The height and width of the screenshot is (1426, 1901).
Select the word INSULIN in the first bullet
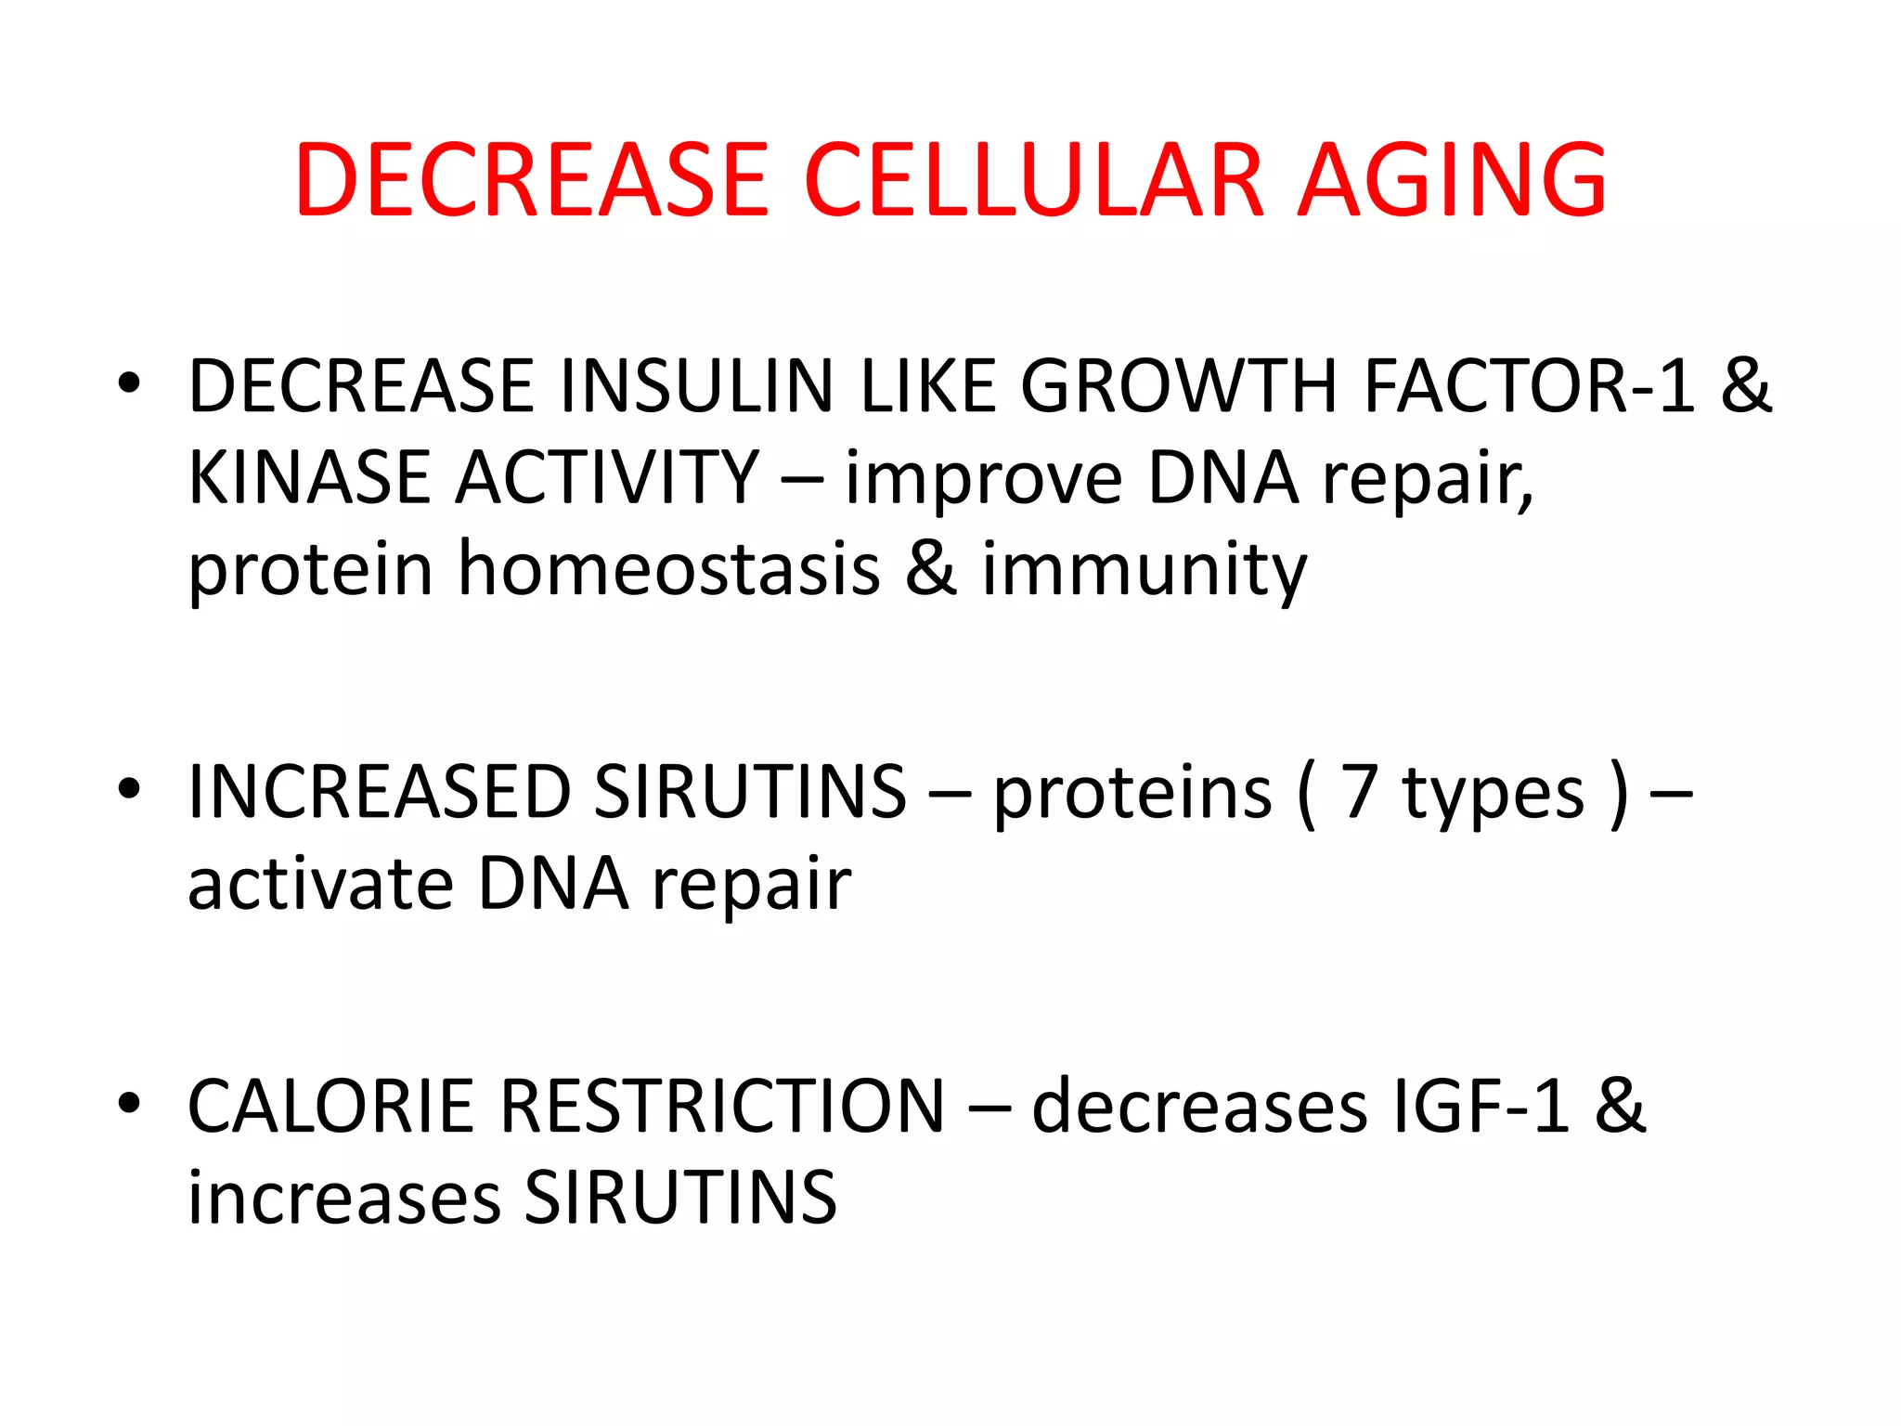[x=697, y=386]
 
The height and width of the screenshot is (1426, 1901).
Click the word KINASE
[x=310, y=477]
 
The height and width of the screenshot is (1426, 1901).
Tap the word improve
[x=983, y=479]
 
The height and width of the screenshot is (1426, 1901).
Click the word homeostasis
[x=668, y=568]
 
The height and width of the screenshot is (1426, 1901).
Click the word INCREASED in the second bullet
[x=379, y=792]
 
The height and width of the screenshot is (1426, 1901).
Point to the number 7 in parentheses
[x=1359, y=792]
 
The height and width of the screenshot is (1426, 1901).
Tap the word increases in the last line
[x=344, y=1198]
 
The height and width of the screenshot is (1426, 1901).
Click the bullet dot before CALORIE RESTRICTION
[x=129, y=1103]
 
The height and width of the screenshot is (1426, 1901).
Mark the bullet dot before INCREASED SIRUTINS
[x=129, y=789]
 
